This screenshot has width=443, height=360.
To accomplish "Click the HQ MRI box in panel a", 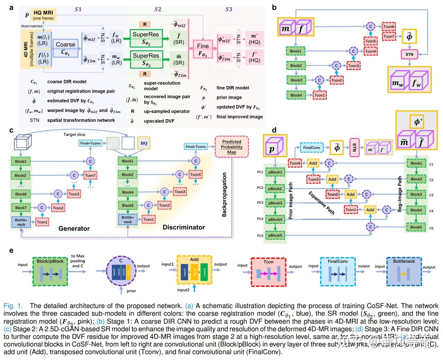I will coord(43,15).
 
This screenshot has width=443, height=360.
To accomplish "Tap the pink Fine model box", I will coord(203,49).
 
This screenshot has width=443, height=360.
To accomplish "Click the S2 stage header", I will coord(158,9).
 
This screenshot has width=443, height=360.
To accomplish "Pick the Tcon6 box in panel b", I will coord(389,27).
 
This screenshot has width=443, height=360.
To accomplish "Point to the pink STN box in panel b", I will coord(409,54).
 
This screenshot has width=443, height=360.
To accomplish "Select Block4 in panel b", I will coord(296,95).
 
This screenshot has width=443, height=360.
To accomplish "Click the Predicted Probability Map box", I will coord(231,147).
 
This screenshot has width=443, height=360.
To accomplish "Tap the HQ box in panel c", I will coord(144,143).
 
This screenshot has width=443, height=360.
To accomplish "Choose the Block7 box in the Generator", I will coord(21,208).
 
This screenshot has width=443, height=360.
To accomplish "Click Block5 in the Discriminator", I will coord(127,205).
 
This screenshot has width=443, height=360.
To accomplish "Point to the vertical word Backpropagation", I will coord(224,195).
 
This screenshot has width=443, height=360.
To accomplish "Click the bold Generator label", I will coord(74,228).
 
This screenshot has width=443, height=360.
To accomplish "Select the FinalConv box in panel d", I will coord(312,148).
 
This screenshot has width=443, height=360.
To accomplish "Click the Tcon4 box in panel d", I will coord(295,163).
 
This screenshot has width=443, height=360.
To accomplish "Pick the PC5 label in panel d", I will coord(260,236).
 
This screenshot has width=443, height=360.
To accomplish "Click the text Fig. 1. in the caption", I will coord(13,306).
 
